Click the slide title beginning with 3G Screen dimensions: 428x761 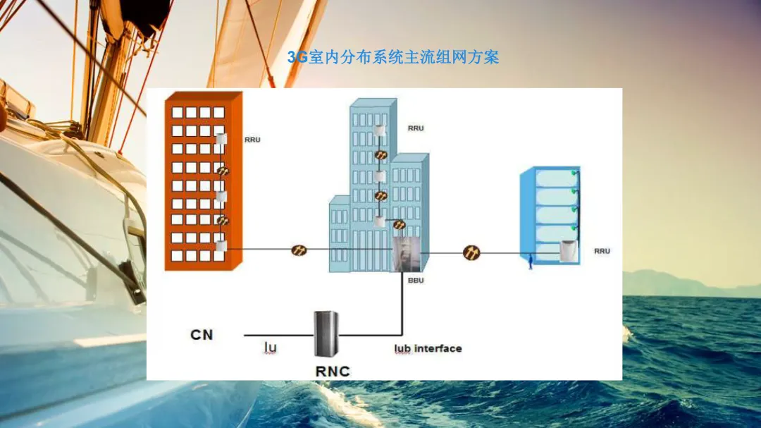click(393, 58)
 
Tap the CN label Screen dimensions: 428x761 click(202, 334)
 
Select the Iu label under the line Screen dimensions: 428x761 click(270, 347)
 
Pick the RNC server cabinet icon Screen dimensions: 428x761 click(325, 335)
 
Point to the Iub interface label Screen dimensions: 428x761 click(428, 348)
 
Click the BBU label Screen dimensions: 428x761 click(416, 280)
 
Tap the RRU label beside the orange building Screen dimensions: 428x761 click(252, 140)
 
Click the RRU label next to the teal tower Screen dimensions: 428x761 click(416, 128)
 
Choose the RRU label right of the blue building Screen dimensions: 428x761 click(602, 251)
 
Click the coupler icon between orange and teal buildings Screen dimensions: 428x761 click(299, 250)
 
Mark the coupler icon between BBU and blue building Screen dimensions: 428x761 click(471, 252)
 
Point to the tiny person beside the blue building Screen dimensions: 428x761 click(530, 263)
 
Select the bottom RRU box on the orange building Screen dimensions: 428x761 click(221, 246)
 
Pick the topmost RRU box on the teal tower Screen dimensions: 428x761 click(380, 130)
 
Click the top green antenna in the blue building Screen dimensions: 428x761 click(574, 172)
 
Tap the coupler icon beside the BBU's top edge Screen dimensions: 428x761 click(400, 225)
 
